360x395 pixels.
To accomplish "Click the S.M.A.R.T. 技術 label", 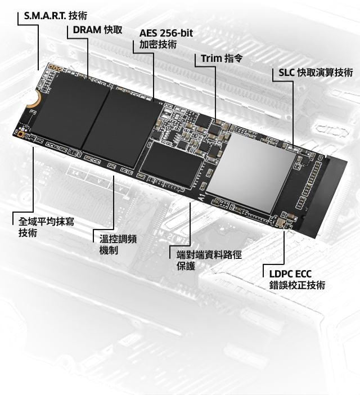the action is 55,16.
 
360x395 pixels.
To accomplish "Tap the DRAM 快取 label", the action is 97,30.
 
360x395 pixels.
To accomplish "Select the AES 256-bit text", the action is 166,33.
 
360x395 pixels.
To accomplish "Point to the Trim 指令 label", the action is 222,59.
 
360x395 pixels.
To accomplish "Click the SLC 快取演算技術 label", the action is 316,73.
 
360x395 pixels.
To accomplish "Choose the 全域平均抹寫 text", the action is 46,222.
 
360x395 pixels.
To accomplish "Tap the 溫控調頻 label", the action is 118,239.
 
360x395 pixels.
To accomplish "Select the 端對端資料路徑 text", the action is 209,255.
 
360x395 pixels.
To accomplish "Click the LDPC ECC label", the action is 290,274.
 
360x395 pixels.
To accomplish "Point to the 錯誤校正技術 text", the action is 297,285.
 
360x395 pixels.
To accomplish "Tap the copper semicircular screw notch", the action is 35,97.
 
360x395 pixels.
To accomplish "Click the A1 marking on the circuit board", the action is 202,197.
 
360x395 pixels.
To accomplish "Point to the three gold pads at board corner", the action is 55,68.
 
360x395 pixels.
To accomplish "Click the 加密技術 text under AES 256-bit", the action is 158,44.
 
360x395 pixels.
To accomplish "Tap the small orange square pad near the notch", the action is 20,135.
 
